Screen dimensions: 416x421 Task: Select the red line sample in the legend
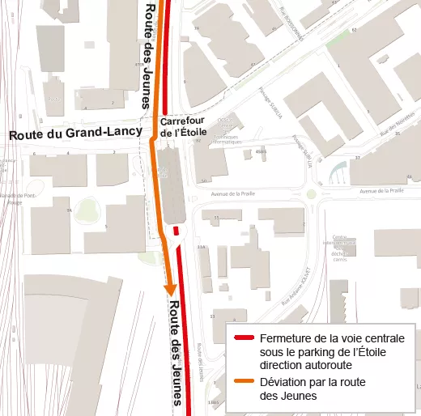[244, 338]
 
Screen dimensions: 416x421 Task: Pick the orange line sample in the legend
[244, 381]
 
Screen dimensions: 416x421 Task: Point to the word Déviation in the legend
[283, 381]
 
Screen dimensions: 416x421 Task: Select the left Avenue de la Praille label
[232, 194]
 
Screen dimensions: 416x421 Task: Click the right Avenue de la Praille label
[380, 191]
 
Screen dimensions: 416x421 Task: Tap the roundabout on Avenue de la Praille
[312, 194]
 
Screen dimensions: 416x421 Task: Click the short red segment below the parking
[175, 231]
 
